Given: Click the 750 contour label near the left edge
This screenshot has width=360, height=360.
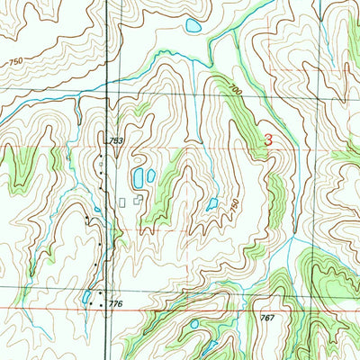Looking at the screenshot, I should pyautogui.click(x=15, y=61).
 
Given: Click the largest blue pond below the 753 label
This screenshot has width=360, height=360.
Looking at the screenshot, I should pyautogui.click(x=139, y=177).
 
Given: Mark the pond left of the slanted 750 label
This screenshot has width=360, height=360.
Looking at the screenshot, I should pyautogui.click(x=211, y=204).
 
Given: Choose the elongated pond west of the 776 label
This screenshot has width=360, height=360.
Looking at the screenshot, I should pyautogui.click(x=85, y=295).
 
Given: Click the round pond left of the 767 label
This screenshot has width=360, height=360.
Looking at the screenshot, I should pyautogui.click(x=193, y=323).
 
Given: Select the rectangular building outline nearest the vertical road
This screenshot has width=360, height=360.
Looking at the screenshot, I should pyautogui.click(x=121, y=202).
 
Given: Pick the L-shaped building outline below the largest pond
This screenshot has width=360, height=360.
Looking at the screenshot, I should pyautogui.click(x=138, y=202).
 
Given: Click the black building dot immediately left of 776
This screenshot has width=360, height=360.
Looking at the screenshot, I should pyautogui.click(x=100, y=304).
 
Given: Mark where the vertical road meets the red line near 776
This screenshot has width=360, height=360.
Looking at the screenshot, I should pyautogui.click(x=106, y=308).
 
